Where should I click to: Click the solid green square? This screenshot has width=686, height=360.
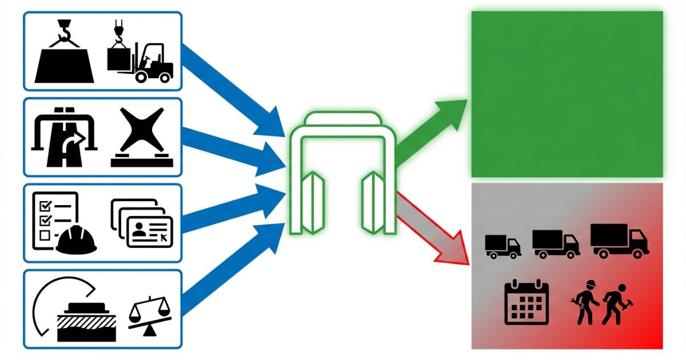(567, 94)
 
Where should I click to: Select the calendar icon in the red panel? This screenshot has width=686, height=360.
(526, 303)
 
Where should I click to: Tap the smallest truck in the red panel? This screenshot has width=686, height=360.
(502, 246)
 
